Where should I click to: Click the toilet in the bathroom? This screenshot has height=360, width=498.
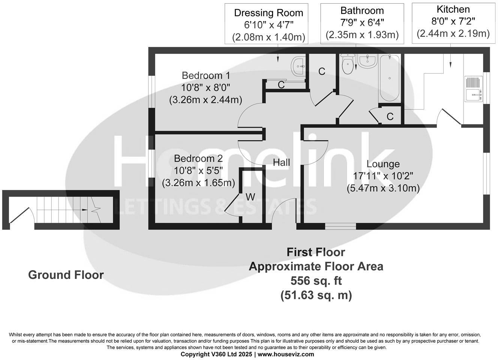(348, 64)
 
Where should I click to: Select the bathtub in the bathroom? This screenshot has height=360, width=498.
(389, 78)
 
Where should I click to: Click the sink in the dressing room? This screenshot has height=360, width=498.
(299, 66)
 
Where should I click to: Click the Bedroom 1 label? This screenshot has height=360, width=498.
(206, 75)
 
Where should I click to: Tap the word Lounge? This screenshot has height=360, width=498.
(383, 164)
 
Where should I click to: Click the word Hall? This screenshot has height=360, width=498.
(281, 162)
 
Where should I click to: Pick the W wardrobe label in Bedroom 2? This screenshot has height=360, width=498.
(250, 196)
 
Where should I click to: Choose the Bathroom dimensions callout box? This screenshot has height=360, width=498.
(362, 23)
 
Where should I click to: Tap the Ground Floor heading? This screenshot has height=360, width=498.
(66, 275)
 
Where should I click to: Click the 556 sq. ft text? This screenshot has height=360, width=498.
(316, 280)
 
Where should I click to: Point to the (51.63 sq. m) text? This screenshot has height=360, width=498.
(316, 295)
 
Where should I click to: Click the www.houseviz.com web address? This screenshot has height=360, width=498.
(286, 354)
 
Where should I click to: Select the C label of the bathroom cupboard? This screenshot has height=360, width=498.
(390, 117)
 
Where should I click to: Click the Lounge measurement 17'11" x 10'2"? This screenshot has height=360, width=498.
(383, 176)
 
